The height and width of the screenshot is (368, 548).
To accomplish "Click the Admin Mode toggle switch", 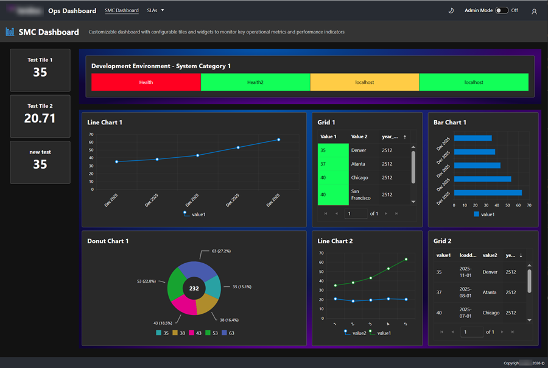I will (x=502, y=10).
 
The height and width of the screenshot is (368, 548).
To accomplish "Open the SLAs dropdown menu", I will (x=156, y=10).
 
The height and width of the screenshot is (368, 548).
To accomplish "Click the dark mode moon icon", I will (x=451, y=10).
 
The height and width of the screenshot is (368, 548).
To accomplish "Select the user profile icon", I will (x=534, y=11).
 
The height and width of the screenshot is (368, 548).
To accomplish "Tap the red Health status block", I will (x=146, y=82).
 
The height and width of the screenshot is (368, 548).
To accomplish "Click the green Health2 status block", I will (x=255, y=82).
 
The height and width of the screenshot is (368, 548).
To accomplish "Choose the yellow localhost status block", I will (x=364, y=82).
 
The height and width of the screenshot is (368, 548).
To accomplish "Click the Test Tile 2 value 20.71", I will (x=40, y=118).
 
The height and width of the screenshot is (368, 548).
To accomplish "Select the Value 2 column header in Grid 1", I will (x=359, y=136).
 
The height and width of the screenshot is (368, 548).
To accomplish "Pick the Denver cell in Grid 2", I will (x=490, y=272).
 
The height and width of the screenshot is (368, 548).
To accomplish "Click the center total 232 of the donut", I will (x=194, y=288).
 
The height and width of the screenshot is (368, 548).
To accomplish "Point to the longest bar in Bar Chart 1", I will (x=488, y=193).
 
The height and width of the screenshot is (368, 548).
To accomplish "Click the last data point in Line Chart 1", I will (x=279, y=140).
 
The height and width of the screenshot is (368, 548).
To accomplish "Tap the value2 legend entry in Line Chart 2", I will (x=356, y=333).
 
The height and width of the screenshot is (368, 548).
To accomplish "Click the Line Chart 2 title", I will (x=335, y=241).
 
